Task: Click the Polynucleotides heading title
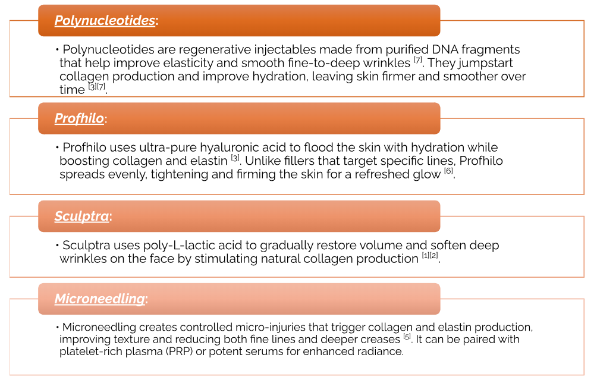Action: (105, 21)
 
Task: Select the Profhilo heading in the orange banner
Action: (79, 118)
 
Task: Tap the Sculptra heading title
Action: (82, 216)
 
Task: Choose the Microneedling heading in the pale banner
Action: (100, 299)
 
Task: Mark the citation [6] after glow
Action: (449, 171)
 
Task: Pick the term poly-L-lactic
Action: (181, 246)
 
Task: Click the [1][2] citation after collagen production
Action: (430, 255)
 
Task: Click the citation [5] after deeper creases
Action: (407, 337)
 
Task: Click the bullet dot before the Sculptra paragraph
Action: (57, 246)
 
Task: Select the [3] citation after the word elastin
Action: (235, 158)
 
